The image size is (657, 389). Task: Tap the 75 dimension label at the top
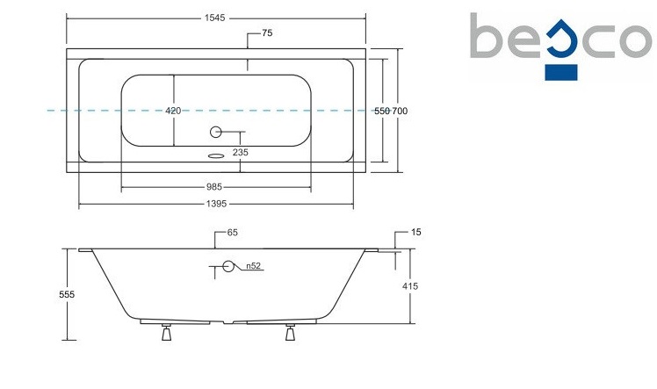[268, 33]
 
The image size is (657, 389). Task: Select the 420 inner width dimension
[173, 111]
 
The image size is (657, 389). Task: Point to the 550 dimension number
[382, 111]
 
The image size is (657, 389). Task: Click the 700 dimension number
[400, 111]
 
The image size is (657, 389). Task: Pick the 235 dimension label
[240, 153]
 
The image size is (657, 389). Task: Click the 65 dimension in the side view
[233, 233]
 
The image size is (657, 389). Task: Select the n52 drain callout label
[253, 266]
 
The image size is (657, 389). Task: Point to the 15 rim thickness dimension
[415, 233]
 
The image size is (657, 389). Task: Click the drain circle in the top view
[214, 133]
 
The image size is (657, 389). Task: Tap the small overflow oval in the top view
[214, 157]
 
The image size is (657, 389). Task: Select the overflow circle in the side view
[229, 266]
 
